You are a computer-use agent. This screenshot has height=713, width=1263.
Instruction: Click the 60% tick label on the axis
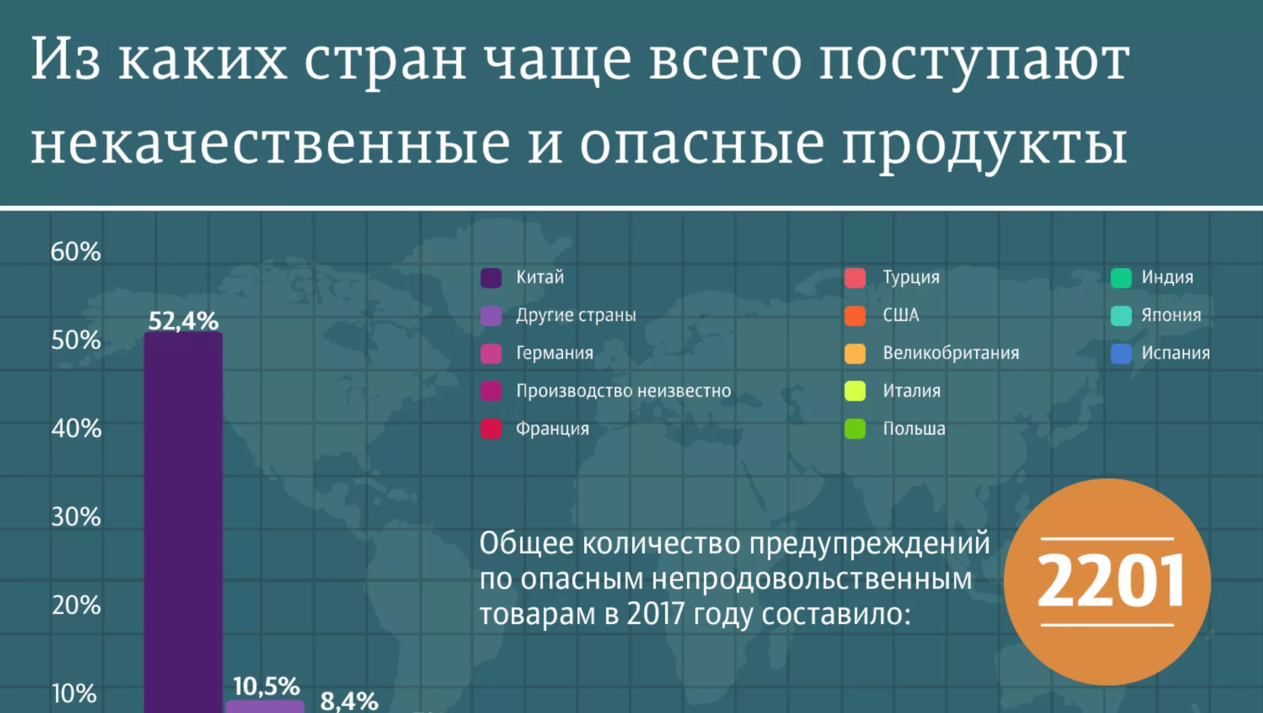click(76, 251)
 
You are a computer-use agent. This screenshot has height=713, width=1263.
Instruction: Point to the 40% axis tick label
click(76, 428)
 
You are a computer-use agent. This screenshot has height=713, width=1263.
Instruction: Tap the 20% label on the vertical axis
click(76, 604)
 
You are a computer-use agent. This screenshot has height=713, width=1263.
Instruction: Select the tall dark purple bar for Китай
click(184, 522)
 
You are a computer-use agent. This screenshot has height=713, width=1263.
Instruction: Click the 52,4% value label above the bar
click(184, 320)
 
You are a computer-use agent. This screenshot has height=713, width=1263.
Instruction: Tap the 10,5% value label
click(266, 686)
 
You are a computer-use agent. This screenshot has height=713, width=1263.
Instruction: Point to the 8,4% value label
click(349, 701)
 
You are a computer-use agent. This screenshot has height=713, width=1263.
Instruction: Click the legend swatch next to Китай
click(491, 278)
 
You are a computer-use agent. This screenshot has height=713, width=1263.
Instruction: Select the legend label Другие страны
click(576, 315)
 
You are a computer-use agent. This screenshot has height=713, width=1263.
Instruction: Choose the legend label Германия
click(555, 353)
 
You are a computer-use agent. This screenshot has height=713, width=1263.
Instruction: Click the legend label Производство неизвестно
click(624, 391)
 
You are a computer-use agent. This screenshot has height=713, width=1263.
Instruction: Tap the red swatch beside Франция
click(491, 429)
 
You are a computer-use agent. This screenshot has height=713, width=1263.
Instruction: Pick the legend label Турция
click(911, 278)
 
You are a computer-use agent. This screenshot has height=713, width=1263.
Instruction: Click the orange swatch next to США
click(855, 316)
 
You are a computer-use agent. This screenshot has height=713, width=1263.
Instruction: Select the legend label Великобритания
click(951, 353)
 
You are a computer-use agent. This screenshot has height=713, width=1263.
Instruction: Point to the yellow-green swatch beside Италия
click(855, 391)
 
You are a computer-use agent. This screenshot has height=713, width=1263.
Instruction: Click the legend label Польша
click(914, 429)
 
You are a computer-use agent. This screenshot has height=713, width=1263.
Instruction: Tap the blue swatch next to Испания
click(1122, 353)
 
